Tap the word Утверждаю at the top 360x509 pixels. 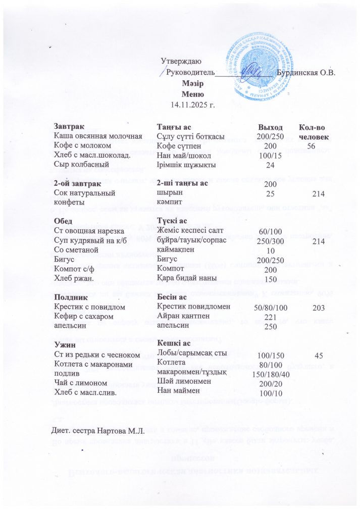(x=180, y=61)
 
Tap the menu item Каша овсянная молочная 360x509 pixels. (x=98, y=137)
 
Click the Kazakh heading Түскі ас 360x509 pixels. (x=174, y=221)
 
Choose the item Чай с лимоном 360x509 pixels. (x=81, y=382)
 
